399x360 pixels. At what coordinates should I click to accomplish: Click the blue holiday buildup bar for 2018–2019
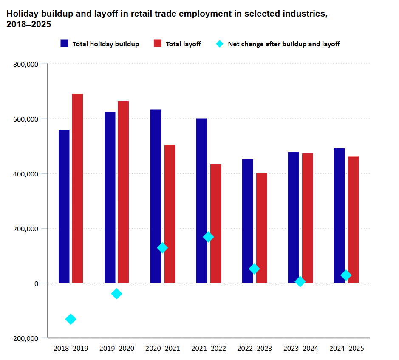click(64, 206)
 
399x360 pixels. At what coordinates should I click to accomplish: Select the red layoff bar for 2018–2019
click(77, 188)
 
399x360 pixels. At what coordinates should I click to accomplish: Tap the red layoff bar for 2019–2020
click(123, 192)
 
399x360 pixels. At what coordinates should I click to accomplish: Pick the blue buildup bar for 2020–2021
click(156, 196)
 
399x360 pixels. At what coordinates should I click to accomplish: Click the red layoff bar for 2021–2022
click(215, 223)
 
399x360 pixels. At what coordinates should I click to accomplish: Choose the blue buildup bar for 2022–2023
click(247, 221)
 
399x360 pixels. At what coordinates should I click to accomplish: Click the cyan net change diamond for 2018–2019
click(71, 319)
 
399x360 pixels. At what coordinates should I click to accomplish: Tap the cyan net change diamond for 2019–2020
click(116, 293)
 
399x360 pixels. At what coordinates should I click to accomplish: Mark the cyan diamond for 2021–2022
click(208, 237)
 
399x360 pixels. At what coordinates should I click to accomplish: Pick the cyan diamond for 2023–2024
click(300, 281)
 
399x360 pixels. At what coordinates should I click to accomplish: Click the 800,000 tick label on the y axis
click(27, 64)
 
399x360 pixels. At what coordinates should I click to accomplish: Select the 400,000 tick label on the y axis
click(27, 174)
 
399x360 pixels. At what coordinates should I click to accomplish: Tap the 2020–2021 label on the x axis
click(163, 349)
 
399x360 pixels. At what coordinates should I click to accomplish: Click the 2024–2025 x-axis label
click(347, 349)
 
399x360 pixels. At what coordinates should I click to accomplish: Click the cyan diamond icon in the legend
click(220, 43)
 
